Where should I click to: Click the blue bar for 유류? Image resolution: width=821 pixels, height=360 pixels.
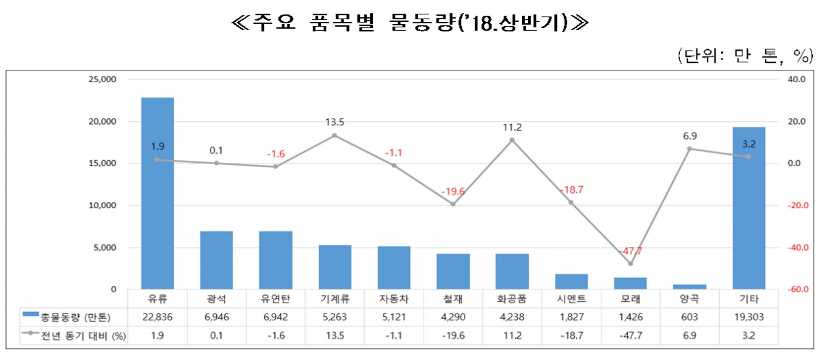click(157, 193)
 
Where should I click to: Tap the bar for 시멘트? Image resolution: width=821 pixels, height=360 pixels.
click(571, 281)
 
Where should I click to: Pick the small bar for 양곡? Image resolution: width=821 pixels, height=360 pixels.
click(690, 287)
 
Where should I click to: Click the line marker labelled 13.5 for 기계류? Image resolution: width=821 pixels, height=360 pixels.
click(335, 136)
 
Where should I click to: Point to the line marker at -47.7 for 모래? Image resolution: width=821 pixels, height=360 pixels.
click(631, 263)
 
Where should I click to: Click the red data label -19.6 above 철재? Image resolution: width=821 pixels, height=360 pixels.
click(452, 192)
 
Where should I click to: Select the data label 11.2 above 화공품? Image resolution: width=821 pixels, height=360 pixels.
click(512, 127)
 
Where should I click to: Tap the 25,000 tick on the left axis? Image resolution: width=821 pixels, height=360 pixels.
click(103, 79)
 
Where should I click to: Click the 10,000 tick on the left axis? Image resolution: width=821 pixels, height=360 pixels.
click(103, 205)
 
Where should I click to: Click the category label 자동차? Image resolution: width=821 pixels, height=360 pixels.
click(393, 300)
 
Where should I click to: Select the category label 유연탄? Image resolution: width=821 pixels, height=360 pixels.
click(275, 300)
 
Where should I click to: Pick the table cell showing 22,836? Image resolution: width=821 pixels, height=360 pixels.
click(157, 318)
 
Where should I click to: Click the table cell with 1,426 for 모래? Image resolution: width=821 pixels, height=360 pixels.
click(630, 318)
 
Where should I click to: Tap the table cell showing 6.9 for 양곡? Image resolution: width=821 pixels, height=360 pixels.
click(690, 335)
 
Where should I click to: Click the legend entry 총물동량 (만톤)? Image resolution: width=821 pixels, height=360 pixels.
click(66, 318)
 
